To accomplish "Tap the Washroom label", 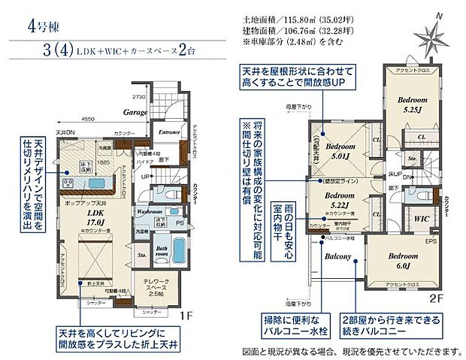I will (151, 213).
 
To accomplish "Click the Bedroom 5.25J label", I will (411, 104).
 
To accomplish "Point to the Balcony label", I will (340, 256).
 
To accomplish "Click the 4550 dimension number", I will (88, 118).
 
